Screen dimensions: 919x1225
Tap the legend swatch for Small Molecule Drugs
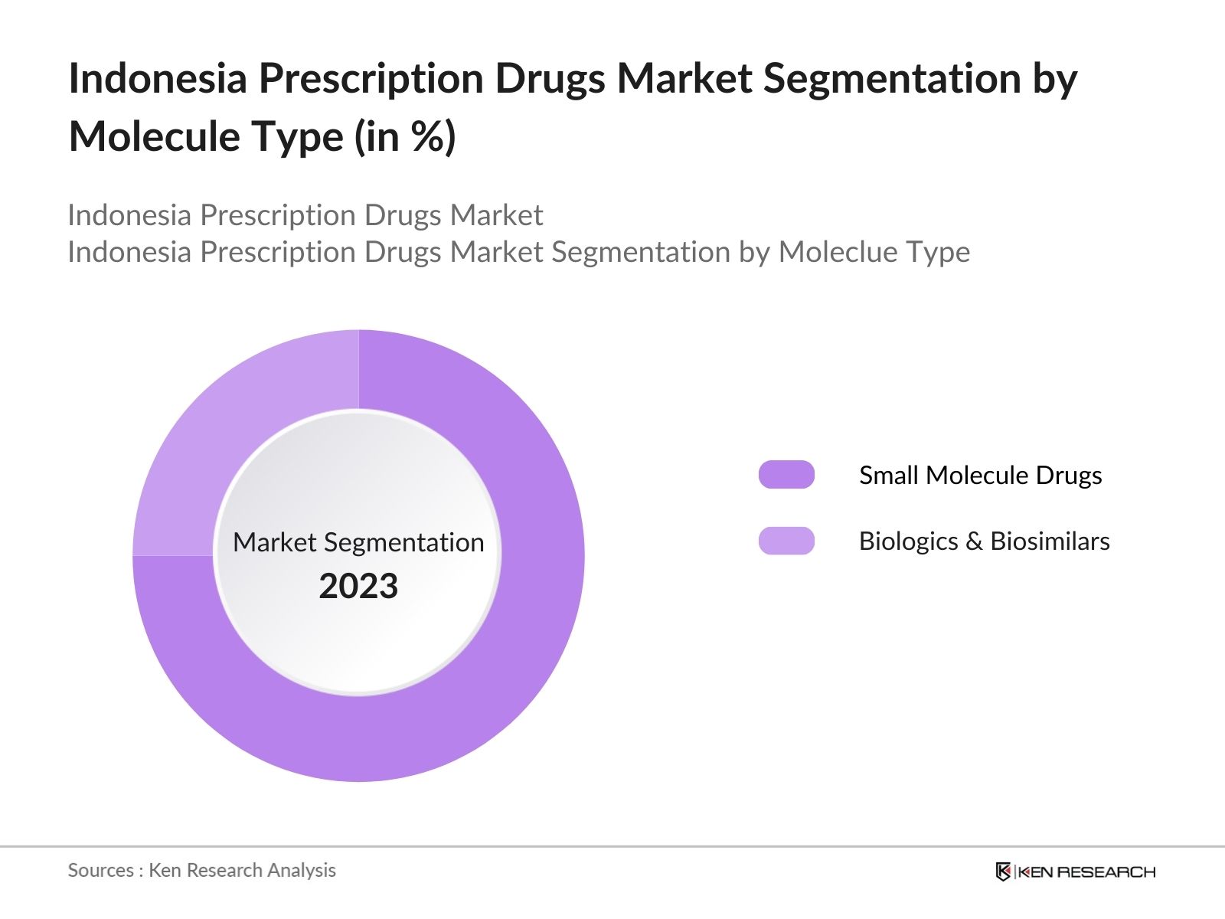tap(786, 475)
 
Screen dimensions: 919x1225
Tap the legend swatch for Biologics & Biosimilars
tap(786, 541)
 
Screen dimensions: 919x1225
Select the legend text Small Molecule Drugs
tap(980, 475)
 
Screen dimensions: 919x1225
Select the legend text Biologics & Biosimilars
tap(984, 541)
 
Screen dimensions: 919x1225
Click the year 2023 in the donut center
tap(358, 587)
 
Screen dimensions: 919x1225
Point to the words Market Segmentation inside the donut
tap(358, 542)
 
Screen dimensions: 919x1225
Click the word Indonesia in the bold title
tap(157, 78)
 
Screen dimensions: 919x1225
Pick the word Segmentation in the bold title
tap(891, 78)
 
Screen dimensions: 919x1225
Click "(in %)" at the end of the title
tap(405, 137)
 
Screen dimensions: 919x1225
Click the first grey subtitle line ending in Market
tap(305, 215)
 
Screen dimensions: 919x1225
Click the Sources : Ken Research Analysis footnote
tap(201, 870)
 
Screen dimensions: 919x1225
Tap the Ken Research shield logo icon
tap(1003, 872)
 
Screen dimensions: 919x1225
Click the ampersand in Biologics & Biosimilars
tap(974, 541)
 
